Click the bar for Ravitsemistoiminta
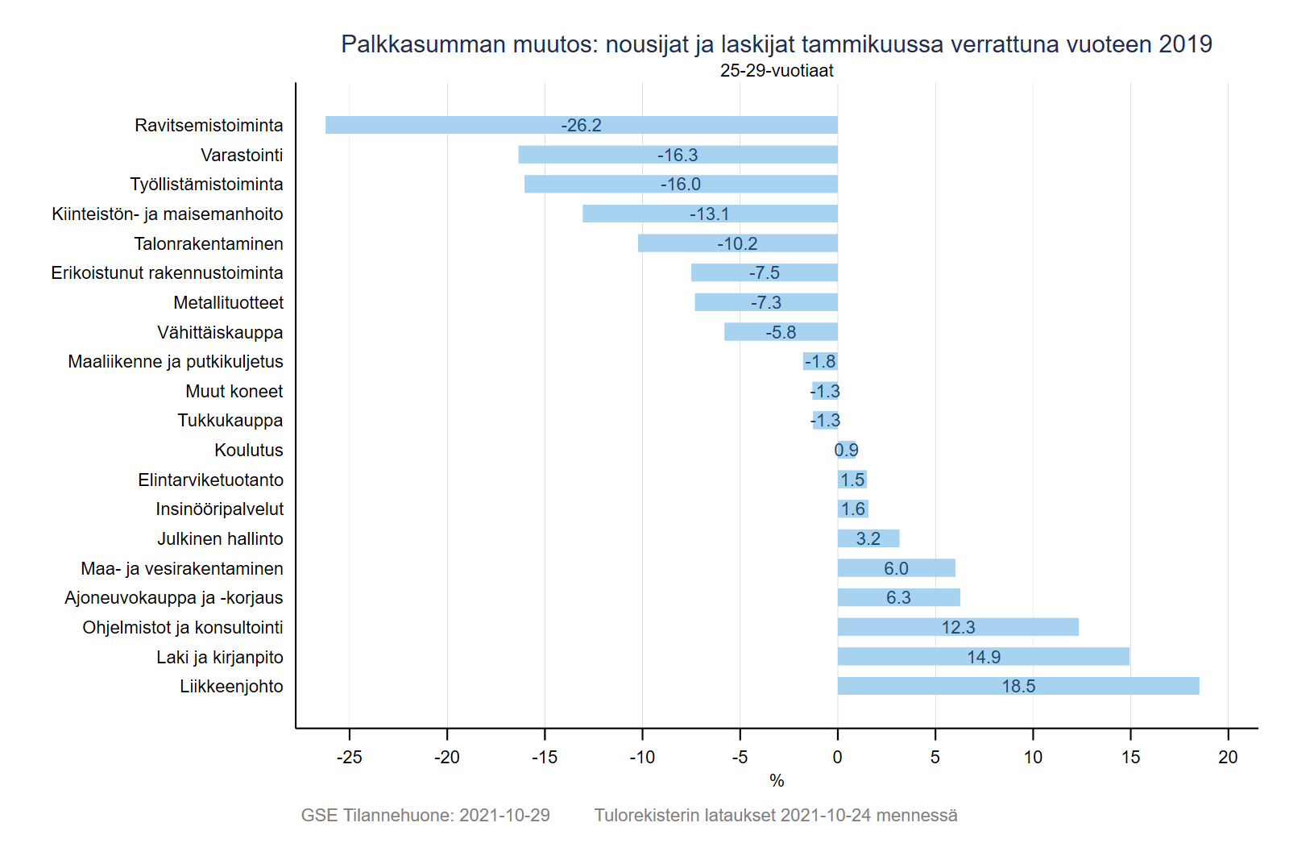click(451, 125)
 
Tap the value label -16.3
click(678, 155)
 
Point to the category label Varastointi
click(242, 155)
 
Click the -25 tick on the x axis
click(350, 757)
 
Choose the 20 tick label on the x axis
click(1228, 757)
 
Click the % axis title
click(777, 780)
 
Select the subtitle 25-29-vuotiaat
click(777, 71)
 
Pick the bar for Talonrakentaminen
click(685, 243)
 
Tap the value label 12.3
click(958, 627)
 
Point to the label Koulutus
click(249, 450)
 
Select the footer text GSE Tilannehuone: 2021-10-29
click(425, 815)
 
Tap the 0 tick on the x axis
click(838, 757)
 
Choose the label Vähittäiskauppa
click(220, 332)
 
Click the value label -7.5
click(765, 272)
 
